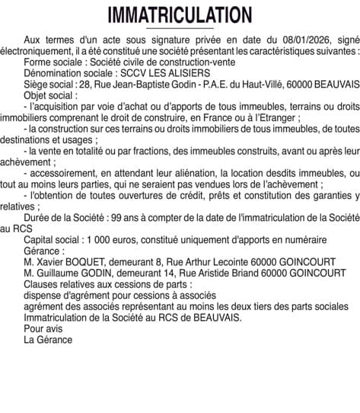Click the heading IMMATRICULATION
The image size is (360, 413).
pyautogui.click(x=180, y=15)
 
